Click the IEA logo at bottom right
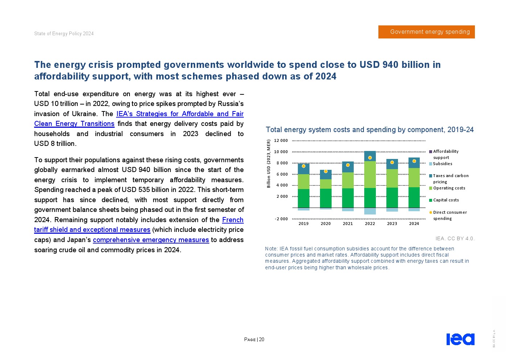coord(460,339)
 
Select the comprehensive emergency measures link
coord(151,240)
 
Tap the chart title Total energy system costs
coord(369,130)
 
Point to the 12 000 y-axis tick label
coord(281,141)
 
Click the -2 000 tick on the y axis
coord(281,219)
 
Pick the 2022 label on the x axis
coord(370,224)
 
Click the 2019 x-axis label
coord(303,224)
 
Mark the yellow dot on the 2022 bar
coord(370,158)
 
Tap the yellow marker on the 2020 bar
coord(325,171)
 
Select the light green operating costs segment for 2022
coord(370,175)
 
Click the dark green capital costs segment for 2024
coord(414,197)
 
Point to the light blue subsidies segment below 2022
coord(370,211)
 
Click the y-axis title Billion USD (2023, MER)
coord(269,164)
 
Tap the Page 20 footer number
coord(254,340)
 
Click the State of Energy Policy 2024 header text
coord(64,34)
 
